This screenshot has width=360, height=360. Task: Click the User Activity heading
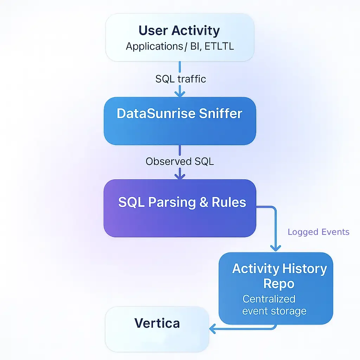179,31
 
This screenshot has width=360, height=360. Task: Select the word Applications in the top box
153,46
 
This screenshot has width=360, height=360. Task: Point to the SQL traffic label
180,79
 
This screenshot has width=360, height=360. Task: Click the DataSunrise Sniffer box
180,121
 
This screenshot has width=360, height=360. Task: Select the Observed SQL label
180,161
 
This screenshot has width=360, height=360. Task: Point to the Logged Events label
318,232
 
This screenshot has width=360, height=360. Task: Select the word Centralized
269,299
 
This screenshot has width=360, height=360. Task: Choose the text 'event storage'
274,311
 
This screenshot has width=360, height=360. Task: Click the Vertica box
157,329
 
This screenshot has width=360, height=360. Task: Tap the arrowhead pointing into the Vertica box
212,329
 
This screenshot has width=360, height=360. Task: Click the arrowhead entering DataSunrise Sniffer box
180,94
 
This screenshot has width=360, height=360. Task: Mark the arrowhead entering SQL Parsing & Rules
180,175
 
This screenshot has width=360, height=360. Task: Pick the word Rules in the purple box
229,202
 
